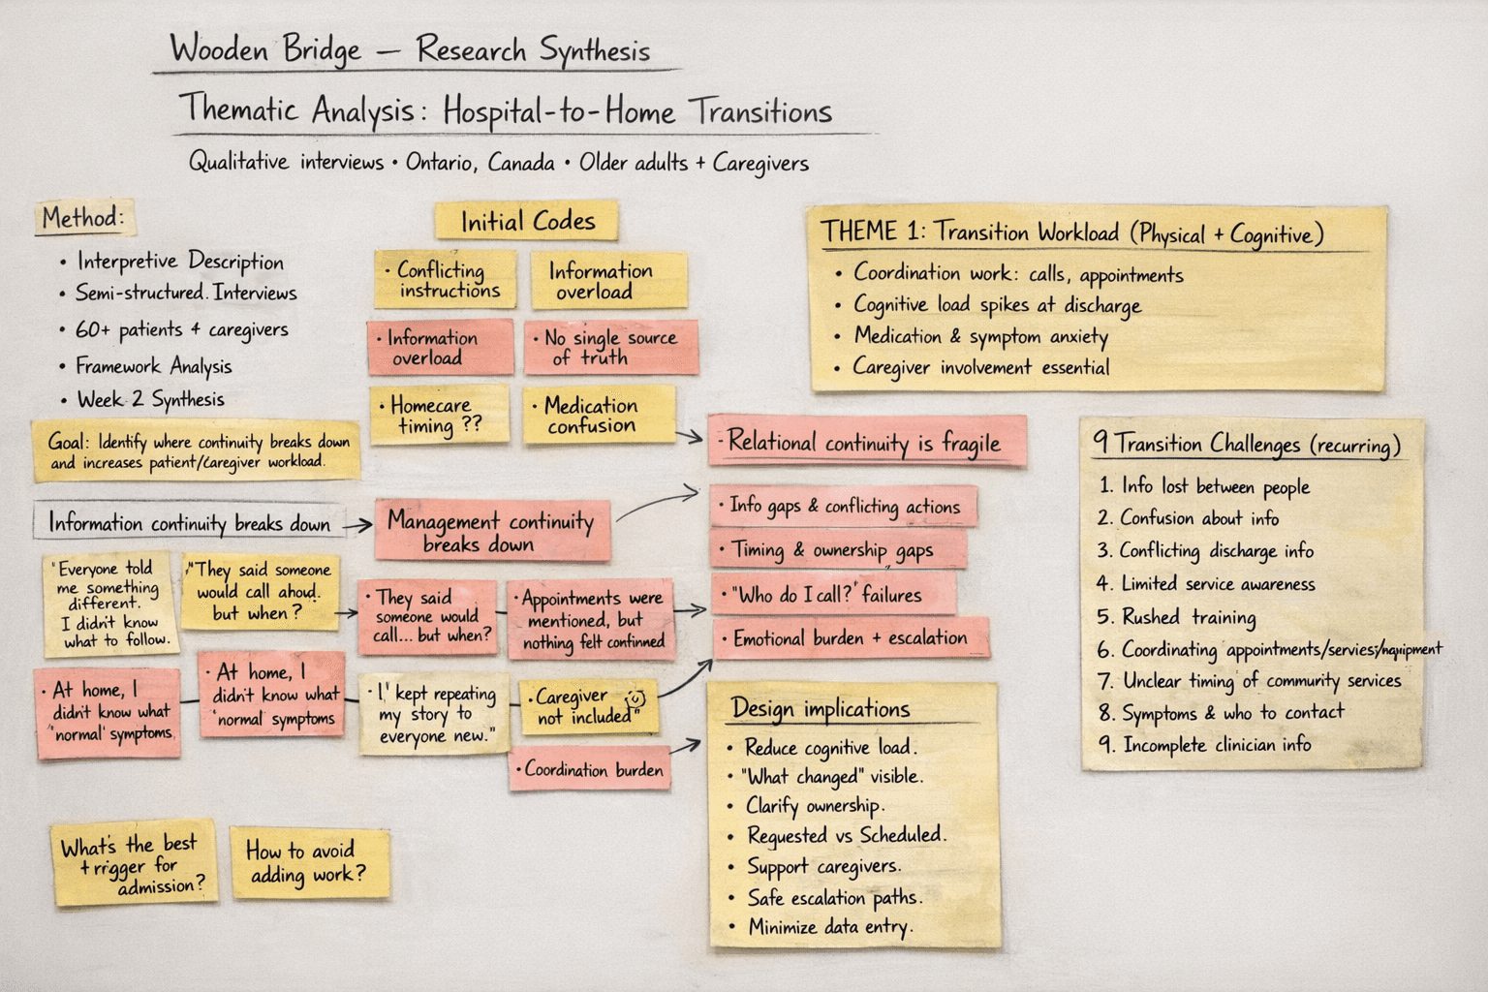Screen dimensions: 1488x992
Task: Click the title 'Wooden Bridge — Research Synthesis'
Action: point(410,49)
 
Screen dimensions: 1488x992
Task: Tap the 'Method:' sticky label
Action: point(83,218)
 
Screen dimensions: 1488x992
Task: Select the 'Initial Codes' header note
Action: point(527,222)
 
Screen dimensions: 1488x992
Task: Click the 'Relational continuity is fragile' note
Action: point(865,443)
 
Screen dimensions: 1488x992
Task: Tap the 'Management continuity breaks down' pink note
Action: point(490,531)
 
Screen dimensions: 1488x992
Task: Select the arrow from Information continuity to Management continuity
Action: point(357,525)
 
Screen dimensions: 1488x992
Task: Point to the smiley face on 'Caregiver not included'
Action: point(636,697)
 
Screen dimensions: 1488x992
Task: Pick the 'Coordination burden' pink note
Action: point(591,770)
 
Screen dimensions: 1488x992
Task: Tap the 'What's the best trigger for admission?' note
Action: point(134,864)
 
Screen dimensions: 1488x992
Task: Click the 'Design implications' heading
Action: point(821,708)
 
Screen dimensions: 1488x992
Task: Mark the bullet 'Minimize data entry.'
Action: point(829,927)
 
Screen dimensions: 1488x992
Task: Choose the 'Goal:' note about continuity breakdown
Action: point(197,451)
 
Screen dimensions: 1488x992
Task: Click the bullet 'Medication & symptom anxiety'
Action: point(980,336)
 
